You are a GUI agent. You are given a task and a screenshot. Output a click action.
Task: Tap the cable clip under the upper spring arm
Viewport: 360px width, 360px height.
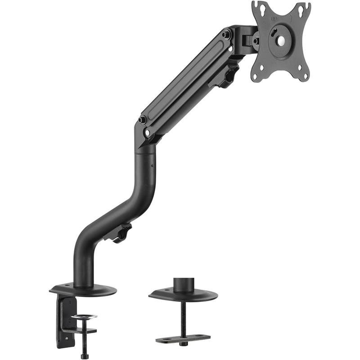(229, 75)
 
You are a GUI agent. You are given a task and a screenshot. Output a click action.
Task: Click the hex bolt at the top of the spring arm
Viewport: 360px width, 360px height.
(226, 33)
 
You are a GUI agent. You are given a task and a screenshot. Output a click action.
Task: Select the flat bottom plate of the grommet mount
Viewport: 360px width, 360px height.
(183, 338)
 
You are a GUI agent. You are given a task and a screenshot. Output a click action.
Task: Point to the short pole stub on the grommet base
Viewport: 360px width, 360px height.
(183, 285)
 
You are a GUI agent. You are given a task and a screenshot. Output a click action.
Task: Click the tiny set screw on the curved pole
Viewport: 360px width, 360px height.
(152, 166)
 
